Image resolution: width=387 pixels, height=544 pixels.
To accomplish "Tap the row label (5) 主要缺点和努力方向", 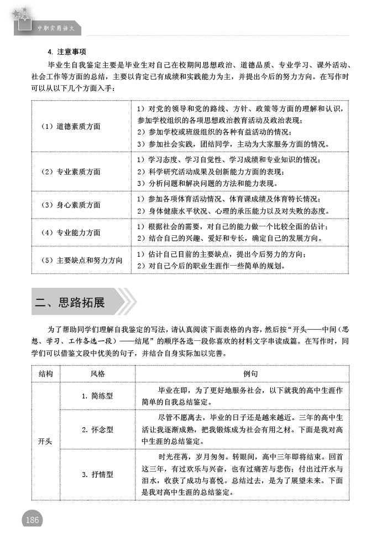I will tap(81, 260).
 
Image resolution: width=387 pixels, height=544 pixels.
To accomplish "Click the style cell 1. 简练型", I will tap(97, 396).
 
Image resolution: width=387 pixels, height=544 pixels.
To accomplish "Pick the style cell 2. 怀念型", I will tap(97, 429).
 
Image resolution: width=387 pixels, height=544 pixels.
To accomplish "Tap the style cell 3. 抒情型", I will tap(97, 474).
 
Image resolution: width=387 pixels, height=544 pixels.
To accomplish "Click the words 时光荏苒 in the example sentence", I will tap(174, 458).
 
